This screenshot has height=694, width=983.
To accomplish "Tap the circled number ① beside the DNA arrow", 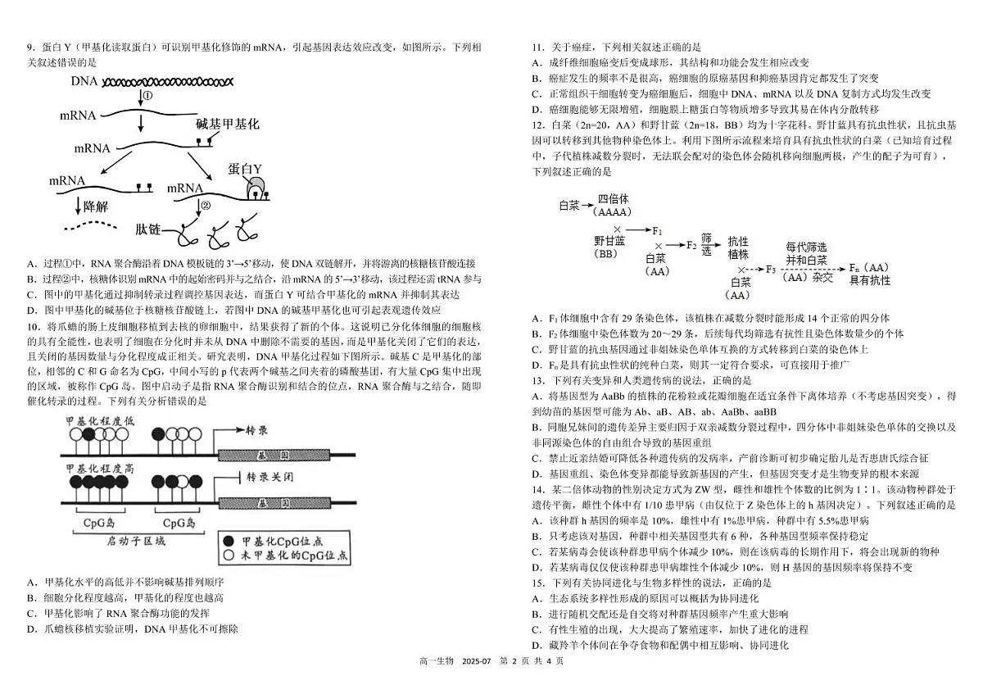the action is pyautogui.click(x=148, y=96).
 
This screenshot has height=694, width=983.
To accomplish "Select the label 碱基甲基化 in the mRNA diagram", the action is pyautogui.click(x=227, y=124).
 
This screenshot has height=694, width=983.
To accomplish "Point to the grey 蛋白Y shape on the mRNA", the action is pyautogui.click(x=255, y=184).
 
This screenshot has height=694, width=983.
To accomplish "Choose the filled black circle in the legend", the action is pyautogui.click(x=228, y=542).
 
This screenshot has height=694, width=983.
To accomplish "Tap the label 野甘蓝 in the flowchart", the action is pyautogui.click(x=610, y=241).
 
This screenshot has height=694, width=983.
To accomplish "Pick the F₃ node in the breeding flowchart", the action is pyautogui.click(x=769, y=269).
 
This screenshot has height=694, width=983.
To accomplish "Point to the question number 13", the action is pyautogui.click(x=538, y=381).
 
